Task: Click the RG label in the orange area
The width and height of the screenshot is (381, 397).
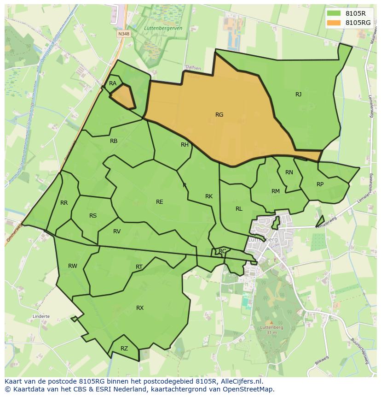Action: pyautogui.click(x=219, y=115)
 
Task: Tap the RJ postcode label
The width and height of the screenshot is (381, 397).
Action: pyautogui.click(x=298, y=95)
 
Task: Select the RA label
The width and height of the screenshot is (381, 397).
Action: pyautogui.click(x=113, y=83)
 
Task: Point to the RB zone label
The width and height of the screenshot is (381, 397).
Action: pyautogui.click(x=114, y=141)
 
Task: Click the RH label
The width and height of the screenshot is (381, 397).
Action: pyautogui.click(x=185, y=145)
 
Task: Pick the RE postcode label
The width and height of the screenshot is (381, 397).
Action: pyautogui.click(x=159, y=202)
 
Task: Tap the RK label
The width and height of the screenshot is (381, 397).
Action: pyautogui.click(x=209, y=196)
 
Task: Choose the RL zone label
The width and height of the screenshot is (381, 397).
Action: pyautogui.click(x=239, y=209)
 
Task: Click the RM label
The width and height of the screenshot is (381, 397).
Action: pyautogui.click(x=276, y=191)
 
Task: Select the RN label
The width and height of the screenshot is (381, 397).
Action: pyautogui.click(x=289, y=172)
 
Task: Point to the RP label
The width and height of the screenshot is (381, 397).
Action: pyautogui.click(x=320, y=184)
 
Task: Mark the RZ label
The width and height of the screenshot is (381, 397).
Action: pyautogui.click(x=124, y=349)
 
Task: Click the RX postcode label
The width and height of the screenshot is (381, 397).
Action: pyautogui.click(x=140, y=308)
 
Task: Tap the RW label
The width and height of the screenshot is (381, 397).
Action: pyautogui.click(x=73, y=266)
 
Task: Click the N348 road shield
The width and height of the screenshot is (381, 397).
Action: pyautogui.click(x=123, y=34)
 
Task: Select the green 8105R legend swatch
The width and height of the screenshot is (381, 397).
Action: pyautogui.click(x=334, y=13)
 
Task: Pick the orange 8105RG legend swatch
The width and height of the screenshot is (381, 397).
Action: pyautogui.click(x=334, y=22)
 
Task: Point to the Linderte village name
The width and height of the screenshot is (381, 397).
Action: pyautogui.click(x=41, y=317)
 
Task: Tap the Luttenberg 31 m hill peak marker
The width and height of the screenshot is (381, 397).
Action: pyautogui.click(x=271, y=323)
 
